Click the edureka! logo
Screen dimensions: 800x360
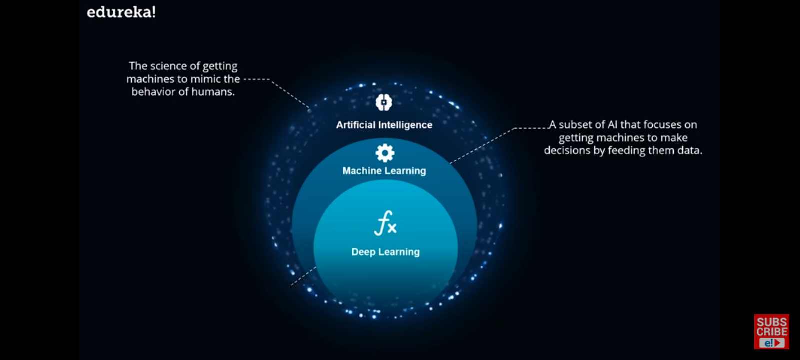(x=121, y=12)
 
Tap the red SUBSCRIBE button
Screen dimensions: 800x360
(x=771, y=331)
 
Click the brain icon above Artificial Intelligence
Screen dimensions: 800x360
(x=384, y=102)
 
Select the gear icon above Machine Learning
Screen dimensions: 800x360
(x=385, y=153)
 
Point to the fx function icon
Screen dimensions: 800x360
(x=385, y=223)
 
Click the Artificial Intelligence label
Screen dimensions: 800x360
(x=384, y=125)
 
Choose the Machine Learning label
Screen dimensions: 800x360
(x=384, y=171)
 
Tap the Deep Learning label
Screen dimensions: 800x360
(x=385, y=252)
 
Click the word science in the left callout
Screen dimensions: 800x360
(x=168, y=66)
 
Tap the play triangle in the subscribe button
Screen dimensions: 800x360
(x=778, y=343)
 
